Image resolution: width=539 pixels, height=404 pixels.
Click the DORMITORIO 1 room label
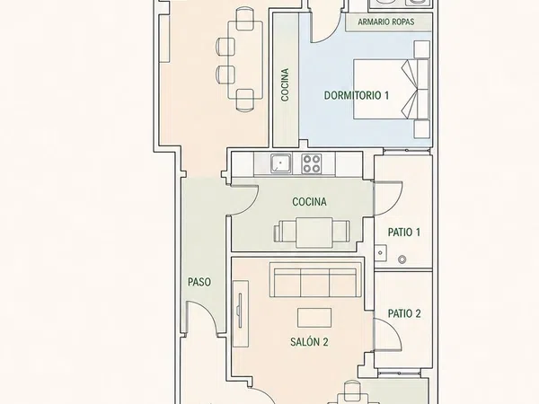click(x=357, y=95)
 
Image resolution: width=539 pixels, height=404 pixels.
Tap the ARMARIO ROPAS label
click(x=385, y=22)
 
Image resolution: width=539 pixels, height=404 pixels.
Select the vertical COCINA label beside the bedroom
click(x=285, y=84)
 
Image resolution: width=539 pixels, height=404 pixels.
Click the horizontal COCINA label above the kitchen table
click(x=309, y=202)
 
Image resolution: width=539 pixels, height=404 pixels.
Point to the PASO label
click(x=199, y=282)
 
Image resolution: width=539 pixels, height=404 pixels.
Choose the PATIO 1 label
click(x=404, y=233)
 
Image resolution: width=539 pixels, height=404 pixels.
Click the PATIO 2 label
click(x=404, y=313)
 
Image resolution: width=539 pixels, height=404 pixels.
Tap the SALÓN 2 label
click(x=309, y=342)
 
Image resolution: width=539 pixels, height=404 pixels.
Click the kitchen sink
click(x=281, y=163)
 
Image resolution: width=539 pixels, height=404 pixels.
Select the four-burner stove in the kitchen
click(x=312, y=163)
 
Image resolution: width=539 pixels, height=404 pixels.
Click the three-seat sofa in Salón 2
click(x=315, y=280)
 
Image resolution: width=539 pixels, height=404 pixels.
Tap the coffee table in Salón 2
click(x=314, y=318)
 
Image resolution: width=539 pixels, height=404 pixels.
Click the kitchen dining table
click(x=314, y=233)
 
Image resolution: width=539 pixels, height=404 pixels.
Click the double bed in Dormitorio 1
click(x=391, y=89)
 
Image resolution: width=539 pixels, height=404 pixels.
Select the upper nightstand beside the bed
click(x=422, y=49)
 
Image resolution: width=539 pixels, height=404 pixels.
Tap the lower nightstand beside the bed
click(x=422, y=128)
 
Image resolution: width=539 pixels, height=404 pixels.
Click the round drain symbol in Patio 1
click(x=402, y=259)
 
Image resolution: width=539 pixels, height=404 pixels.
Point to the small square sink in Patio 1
click(x=380, y=252)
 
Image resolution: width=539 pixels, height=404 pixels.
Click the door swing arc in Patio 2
click(x=395, y=328)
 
